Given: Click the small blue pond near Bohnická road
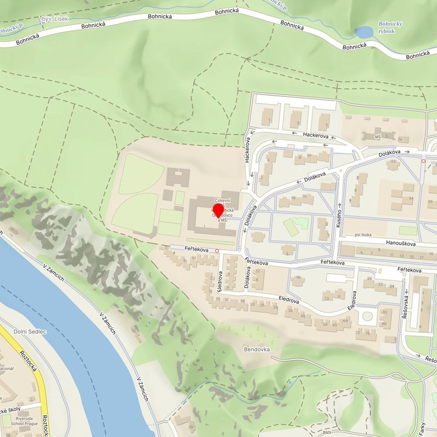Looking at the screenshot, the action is [x=364, y=31].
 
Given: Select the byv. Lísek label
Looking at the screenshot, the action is [x=54, y=19].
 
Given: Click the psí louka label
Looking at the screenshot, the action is [x=364, y=234].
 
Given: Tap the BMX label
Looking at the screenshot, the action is [x=327, y=433].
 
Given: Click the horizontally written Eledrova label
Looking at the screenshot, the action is [x=289, y=300].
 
